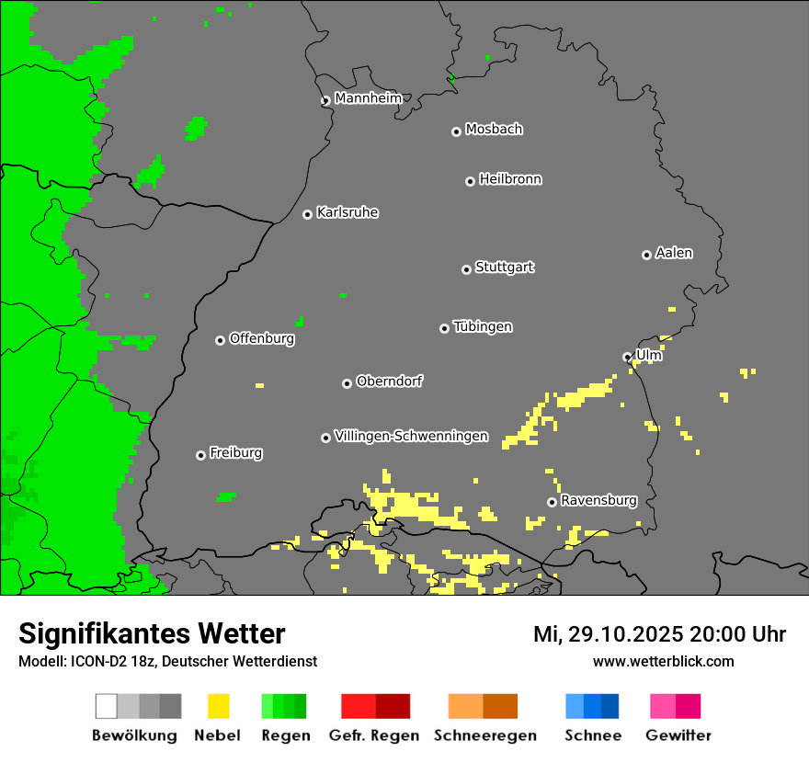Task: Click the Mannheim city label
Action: tap(368, 98)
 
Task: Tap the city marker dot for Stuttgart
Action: tap(466, 269)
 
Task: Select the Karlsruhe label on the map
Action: tap(348, 212)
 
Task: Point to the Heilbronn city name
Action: tap(510, 179)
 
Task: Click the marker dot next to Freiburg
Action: tap(200, 455)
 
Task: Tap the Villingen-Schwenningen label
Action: tap(411, 436)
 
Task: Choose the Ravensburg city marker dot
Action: tap(552, 502)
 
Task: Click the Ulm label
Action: tap(649, 354)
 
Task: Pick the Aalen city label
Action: tap(674, 253)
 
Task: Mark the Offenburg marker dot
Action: tap(220, 340)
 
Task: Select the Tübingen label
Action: tap(483, 326)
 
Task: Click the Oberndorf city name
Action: tap(389, 381)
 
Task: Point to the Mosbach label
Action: tap(494, 130)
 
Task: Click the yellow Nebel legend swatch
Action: tap(218, 706)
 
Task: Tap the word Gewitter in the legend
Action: tap(678, 735)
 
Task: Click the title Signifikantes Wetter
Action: tap(152, 633)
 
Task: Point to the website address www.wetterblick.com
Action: tap(663, 661)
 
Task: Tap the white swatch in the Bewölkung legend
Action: tap(106, 706)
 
